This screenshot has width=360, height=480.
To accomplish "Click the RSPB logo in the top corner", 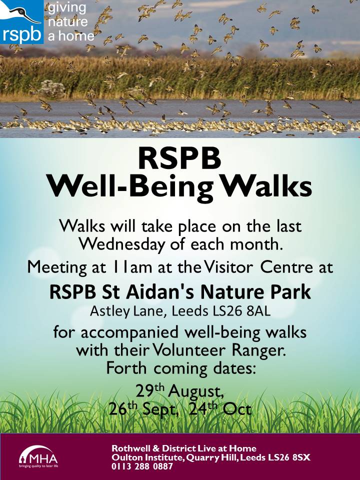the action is point(21,21).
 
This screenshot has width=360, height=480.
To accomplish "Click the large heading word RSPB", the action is point(179,158).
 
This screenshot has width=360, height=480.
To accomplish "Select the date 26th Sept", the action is point(143,409).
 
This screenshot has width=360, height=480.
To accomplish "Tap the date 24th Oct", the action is point(220,408).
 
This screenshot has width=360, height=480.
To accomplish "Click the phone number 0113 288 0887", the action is point(142,466).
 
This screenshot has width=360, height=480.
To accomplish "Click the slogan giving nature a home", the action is point(70,22).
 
